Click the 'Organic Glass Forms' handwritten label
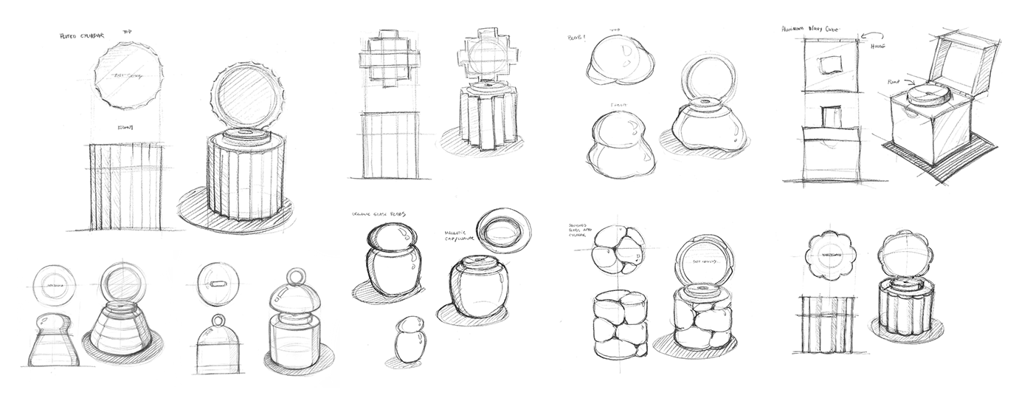click(x=379, y=214)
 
